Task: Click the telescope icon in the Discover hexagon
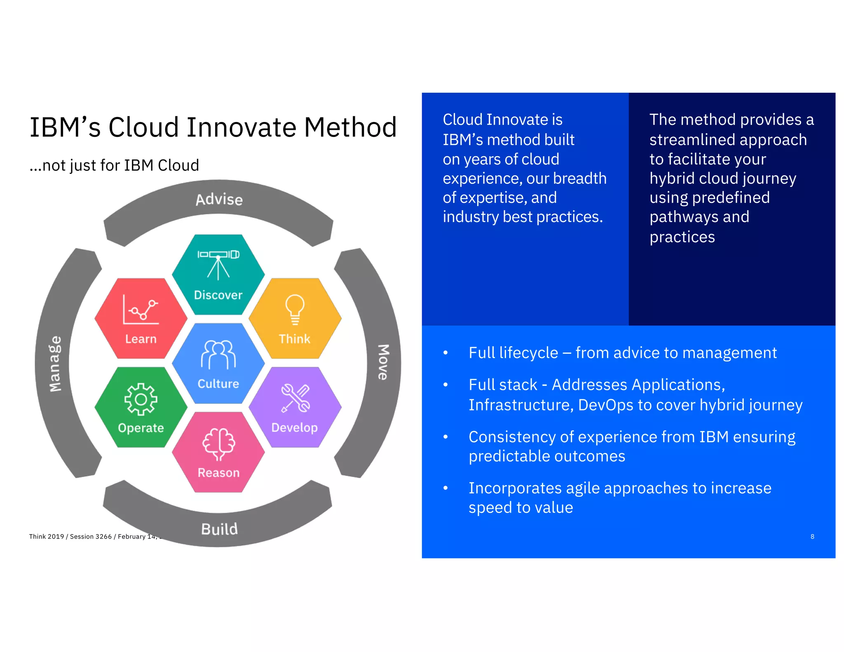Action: pos(218,264)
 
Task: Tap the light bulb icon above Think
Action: pos(295,309)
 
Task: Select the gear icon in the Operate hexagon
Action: pos(141,399)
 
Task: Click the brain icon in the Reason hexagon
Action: pos(218,443)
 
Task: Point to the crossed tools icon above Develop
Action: pos(295,398)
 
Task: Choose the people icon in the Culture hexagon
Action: pos(218,354)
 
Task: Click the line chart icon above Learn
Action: pos(141,309)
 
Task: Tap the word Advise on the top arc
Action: pos(219,199)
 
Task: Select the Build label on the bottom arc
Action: pos(219,529)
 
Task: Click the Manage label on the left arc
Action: pos(55,363)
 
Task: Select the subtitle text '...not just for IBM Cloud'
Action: pos(114,165)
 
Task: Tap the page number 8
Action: pos(812,536)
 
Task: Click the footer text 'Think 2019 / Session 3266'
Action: pos(70,536)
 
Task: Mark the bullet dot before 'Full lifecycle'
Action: pos(445,353)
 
